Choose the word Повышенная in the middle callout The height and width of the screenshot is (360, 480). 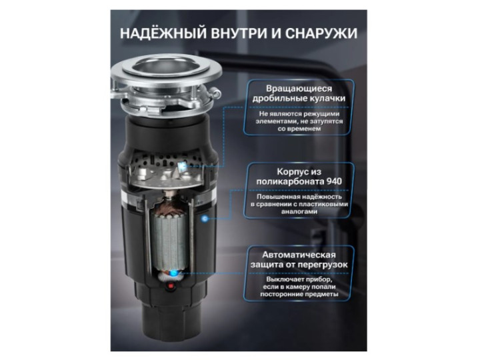(273, 197)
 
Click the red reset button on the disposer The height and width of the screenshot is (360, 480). (171, 287)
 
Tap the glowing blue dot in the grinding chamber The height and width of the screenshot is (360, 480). (183, 165)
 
